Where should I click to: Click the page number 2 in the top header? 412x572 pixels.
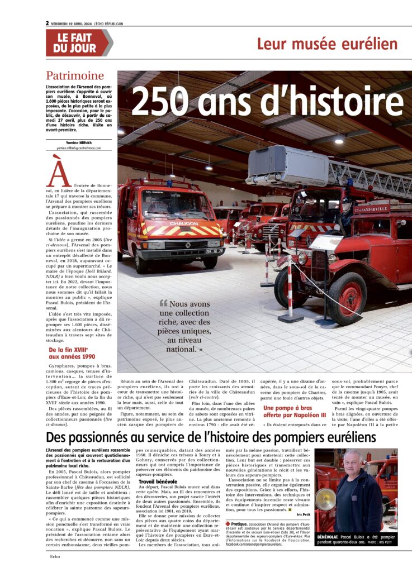[48, 23]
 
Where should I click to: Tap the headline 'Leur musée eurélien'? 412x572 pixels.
[327, 44]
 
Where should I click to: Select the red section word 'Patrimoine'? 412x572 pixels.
[75, 76]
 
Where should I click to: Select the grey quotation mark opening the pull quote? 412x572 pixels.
[163, 303]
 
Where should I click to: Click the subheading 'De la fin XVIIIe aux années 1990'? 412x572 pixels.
[73, 353]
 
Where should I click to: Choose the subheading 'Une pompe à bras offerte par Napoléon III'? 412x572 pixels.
[294, 411]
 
